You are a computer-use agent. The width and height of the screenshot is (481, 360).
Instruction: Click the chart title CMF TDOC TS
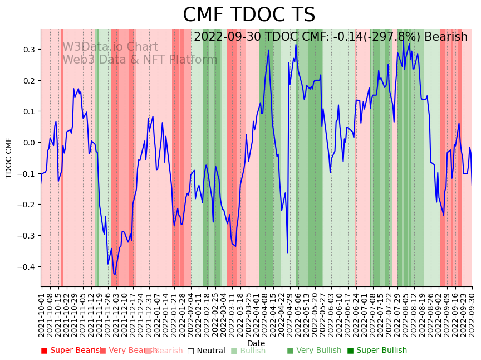249,15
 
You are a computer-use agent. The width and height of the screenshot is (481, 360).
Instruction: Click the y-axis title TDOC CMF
9,158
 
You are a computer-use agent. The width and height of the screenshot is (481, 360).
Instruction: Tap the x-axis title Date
256,343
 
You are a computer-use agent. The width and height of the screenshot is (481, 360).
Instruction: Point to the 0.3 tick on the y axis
28,50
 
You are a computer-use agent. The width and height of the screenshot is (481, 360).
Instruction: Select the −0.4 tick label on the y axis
26,267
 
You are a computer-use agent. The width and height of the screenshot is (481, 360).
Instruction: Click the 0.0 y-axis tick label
28,143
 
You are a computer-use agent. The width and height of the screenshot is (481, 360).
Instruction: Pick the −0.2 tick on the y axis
26,205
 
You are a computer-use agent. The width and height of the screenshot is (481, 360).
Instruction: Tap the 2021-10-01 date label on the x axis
41,313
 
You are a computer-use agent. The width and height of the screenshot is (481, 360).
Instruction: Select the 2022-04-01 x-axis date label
257,313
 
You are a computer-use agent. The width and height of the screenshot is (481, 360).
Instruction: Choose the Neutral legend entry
206,351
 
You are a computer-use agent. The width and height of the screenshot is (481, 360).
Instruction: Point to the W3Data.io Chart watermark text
110,47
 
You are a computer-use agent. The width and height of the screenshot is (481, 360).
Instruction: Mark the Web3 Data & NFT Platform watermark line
140,60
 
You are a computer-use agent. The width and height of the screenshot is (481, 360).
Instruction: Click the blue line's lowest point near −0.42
115,274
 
